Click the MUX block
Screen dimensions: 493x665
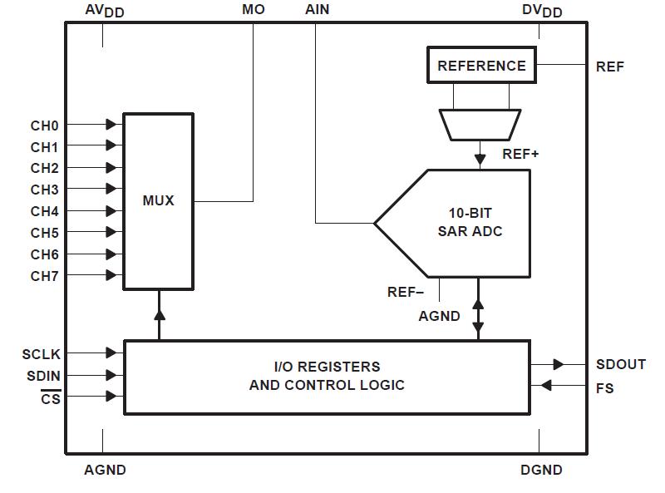(158, 201)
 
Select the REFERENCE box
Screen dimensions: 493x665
(481, 66)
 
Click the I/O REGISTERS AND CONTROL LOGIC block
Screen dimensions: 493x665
(327, 376)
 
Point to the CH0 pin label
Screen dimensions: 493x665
(45, 126)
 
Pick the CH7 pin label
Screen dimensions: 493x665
(45, 275)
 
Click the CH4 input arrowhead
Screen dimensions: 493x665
(111, 211)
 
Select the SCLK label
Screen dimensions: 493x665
(42, 354)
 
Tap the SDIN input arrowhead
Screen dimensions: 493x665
(111, 376)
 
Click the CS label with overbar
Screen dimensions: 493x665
(51, 398)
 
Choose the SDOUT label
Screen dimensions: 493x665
(621, 364)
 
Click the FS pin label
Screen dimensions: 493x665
(605, 387)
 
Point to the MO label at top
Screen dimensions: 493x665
(254, 10)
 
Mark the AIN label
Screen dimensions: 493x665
(317, 10)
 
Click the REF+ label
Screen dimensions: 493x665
(521, 154)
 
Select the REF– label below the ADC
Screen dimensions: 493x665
(405, 292)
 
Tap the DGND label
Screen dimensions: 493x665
(541, 470)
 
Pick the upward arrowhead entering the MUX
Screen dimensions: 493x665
(159, 313)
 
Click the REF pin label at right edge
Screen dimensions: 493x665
(610, 67)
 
